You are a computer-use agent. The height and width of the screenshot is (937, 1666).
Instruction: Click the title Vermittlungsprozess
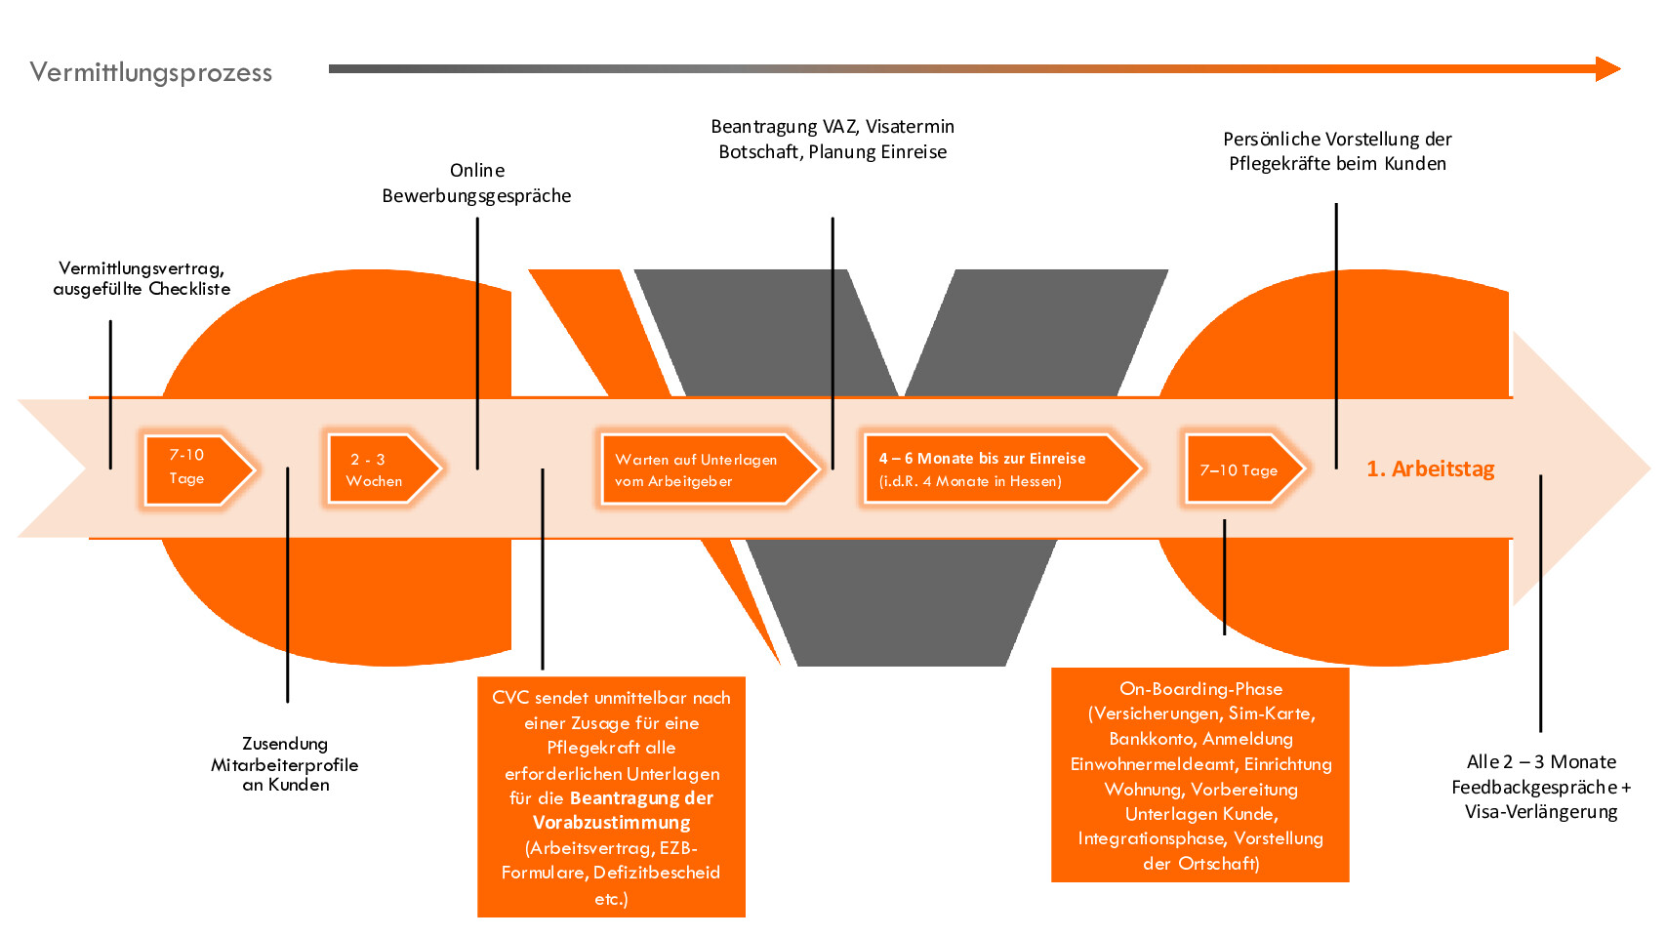[151, 73]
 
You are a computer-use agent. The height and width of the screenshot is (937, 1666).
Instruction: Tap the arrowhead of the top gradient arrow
[1606, 69]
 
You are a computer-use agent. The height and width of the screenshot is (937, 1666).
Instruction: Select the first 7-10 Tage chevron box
[194, 468]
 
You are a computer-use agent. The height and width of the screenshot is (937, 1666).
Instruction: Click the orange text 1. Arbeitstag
[1430, 469]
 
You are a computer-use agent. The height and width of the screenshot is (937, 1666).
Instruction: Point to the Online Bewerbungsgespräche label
[476, 183]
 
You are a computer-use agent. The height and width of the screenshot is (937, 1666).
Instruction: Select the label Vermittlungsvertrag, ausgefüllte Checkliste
[142, 278]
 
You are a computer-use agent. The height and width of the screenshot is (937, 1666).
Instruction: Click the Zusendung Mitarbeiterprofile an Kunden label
[285, 764]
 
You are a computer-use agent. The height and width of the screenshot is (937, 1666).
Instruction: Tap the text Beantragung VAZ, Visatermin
[833, 127]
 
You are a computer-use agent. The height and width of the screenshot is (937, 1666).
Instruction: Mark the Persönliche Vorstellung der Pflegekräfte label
[1337, 151]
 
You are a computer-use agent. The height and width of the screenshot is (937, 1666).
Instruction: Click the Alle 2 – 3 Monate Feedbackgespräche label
[1541, 787]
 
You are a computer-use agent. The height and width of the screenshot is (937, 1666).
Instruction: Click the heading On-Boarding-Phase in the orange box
[1200, 689]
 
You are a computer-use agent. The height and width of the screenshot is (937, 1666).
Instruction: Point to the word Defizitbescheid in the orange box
[656, 873]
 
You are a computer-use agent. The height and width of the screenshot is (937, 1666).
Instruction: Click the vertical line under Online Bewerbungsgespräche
[477, 342]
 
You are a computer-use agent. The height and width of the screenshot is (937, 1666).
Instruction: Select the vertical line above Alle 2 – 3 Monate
[1540, 605]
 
